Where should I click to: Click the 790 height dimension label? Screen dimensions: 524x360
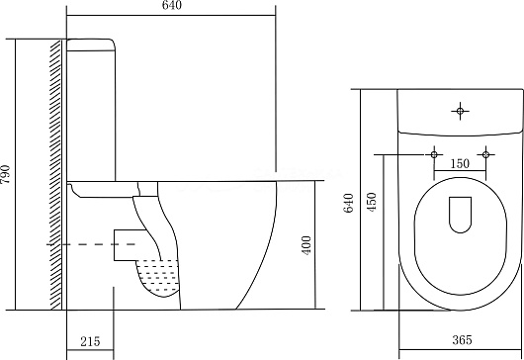point(6,174)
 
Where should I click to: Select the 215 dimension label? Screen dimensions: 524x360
point(90,341)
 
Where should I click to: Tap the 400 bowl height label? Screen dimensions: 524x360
point(306,245)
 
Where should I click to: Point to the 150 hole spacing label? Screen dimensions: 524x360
point(460,163)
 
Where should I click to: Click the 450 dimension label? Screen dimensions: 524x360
point(372,201)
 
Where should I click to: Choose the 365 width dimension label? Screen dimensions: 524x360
point(462,340)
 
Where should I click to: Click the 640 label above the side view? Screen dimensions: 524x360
point(172,5)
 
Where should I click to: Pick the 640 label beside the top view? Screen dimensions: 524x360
point(348,203)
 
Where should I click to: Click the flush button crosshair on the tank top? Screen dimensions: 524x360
point(460,111)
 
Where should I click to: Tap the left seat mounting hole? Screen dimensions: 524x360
point(434,154)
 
